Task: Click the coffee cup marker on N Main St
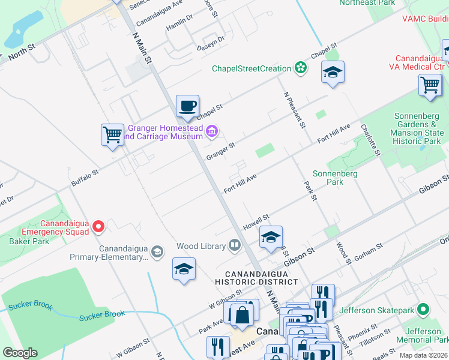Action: [187, 106]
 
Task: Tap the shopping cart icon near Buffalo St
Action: [112, 134]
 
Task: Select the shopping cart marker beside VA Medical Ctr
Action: [430, 85]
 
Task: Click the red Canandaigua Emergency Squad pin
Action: [99, 226]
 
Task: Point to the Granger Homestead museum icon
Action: [211, 131]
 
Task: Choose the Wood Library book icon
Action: [234, 245]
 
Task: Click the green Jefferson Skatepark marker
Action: [424, 310]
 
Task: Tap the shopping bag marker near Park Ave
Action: [242, 314]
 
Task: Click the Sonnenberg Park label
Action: [335, 178]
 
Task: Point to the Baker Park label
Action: [29, 241]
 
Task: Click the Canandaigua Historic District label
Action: [257, 277]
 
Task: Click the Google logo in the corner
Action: [20, 353]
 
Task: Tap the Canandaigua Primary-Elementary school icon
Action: [157, 251]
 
